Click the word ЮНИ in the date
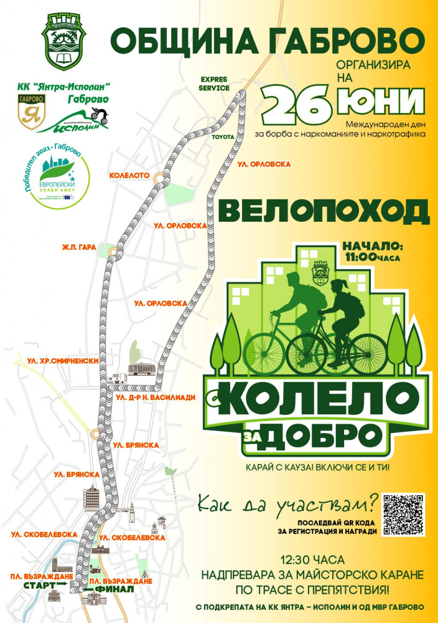pyautogui.click(x=380, y=101)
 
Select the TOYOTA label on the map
pyautogui.click(x=223, y=135)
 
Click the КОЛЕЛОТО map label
pyautogui.click(x=129, y=176)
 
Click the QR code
pyautogui.click(x=404, y=515)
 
